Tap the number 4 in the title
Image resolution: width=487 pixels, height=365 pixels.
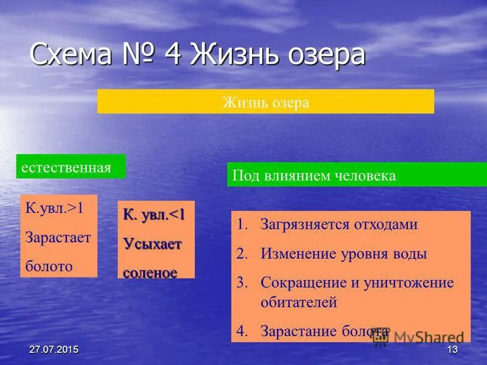pos(171,55)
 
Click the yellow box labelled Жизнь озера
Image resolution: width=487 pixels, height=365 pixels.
pos(265,102)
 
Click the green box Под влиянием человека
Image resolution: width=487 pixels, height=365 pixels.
pos(314,176)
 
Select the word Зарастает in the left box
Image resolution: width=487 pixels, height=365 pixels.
pos(58,237)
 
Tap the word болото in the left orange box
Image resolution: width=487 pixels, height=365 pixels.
pos(49,266)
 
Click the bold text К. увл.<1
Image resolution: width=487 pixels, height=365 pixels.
pos(154,215)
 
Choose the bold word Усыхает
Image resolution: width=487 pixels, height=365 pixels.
pos(152,243)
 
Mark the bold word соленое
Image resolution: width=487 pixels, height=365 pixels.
pos(150,273)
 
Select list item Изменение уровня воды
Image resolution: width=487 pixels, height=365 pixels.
pos(344,254)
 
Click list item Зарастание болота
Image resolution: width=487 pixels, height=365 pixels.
pos(324,331)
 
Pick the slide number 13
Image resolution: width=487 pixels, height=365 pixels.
pos(452,349)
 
